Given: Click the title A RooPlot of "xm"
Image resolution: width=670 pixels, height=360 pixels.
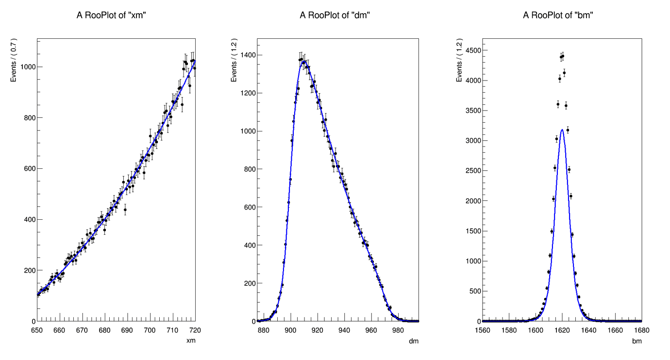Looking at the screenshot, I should pyautogui.click(x=112, y=15).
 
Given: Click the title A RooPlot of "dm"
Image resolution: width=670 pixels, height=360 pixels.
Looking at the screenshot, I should pyautogui.click(x=335, y=15).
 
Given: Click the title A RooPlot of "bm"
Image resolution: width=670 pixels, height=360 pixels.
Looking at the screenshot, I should pyautogui.click(x=558, y=15).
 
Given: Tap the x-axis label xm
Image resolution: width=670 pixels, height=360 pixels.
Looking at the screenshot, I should pyautogui.click(x=191, y=341).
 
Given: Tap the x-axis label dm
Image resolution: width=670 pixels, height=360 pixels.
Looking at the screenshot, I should pyautogui.click(x=414, y=341).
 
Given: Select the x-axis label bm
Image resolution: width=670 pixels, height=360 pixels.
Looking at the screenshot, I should pyautogui.click(x=637, y=341).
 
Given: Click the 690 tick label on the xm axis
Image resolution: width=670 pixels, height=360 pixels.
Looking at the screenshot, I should pyautogui.click(x=127, y=330).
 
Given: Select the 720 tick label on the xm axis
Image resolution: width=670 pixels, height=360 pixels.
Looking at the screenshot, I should pyautogui.click(x=195, y=330).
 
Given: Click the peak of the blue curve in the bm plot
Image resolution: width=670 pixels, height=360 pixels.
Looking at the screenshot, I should pyautogui.click(x=562, y=130).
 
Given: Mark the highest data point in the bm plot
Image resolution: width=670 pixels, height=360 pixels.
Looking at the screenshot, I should pyautogui.click(x=563, y=56).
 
